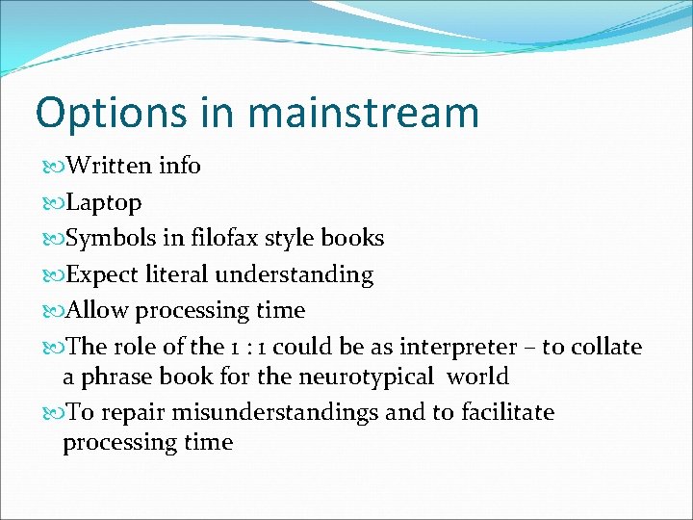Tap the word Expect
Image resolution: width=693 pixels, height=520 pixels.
pos(103,274)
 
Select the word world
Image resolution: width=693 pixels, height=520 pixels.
pos(478,376)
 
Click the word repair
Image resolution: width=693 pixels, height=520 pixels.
pos(129,413)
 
